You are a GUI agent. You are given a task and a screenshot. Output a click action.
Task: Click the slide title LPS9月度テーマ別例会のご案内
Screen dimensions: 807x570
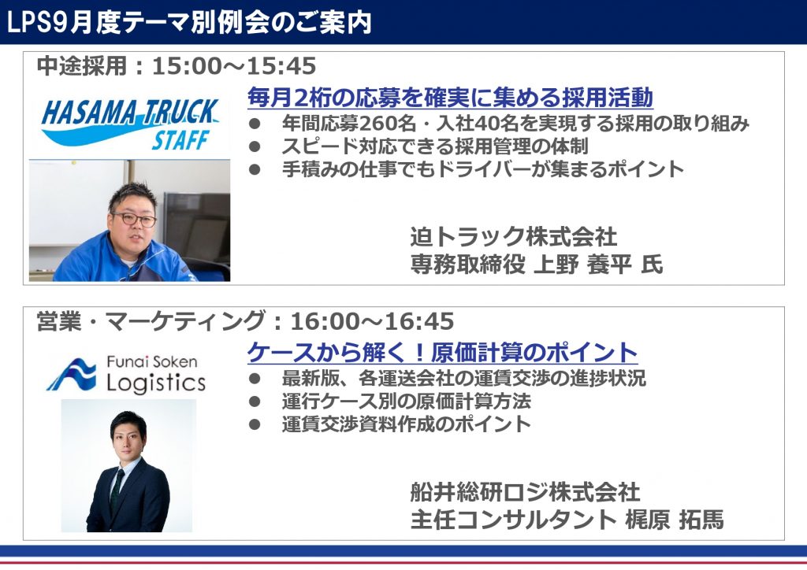click(189, 23)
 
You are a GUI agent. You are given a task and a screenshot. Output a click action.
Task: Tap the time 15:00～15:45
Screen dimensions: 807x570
click(234, 66)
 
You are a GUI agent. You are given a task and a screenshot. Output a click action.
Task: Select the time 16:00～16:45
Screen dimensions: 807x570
click(373, 321)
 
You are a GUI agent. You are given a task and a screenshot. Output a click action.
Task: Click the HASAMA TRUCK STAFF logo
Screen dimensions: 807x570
click(130, 124)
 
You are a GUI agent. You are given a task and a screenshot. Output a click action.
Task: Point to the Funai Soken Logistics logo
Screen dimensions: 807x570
click(126, 374)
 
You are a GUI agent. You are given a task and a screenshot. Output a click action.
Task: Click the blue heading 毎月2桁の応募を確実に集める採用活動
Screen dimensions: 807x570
click(450, 97)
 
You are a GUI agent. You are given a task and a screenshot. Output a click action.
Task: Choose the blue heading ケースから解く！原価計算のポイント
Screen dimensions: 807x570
click(443, 353)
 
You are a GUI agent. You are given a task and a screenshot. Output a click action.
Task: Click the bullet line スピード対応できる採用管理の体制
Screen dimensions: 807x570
click(435, 146)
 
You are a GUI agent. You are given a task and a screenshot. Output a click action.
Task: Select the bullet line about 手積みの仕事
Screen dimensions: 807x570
click(483, 169)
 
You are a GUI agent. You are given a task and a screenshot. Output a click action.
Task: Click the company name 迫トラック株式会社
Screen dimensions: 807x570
click(514, 236)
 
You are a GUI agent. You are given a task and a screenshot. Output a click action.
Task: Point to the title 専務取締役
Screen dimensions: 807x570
click(467, 265)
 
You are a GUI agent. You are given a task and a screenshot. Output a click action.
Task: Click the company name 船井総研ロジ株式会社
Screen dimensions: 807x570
click(525, 492)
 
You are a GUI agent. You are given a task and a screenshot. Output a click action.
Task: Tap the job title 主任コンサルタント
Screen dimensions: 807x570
click(513, 519)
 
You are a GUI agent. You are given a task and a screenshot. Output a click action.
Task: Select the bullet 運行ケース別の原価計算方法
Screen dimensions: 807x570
click(406, 402)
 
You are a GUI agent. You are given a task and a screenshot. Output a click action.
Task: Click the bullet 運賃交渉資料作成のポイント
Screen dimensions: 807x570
click(406, 424)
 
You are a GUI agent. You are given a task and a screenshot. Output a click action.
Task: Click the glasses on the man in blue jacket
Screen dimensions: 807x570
click(133, 218)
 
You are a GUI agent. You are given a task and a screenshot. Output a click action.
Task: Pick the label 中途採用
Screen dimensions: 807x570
click(82, 66)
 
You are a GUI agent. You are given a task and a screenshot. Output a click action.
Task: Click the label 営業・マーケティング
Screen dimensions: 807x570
click(151, 321)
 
